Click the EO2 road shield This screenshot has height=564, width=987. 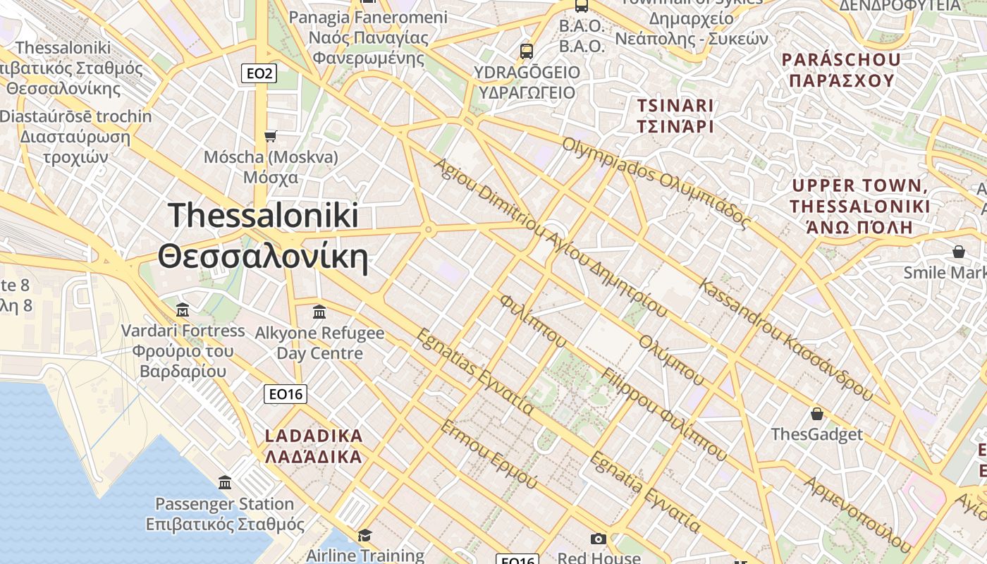[259, 73]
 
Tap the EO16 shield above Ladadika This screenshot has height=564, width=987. [286, 394]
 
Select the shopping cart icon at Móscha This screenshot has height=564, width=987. [270, 136]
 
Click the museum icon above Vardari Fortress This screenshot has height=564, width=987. [183, 309]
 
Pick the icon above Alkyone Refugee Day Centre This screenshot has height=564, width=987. [319, 311]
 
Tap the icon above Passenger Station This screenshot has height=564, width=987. [225, 483]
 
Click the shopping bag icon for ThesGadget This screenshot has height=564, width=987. [817, 413]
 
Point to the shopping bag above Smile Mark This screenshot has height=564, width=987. [959, 252]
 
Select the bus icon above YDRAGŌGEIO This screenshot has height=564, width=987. [526, 51]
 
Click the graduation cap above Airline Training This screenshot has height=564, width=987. [364, 536]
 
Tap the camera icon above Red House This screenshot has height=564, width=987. [598, 539]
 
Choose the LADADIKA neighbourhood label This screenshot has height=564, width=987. [314, 446]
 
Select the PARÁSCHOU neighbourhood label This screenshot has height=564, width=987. [841, 70]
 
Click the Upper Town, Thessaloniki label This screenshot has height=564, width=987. [860, 206]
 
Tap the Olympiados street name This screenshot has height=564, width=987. [656, 183]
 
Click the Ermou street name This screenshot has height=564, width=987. [489, 455]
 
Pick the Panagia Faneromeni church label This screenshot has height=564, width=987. [368, 37]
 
